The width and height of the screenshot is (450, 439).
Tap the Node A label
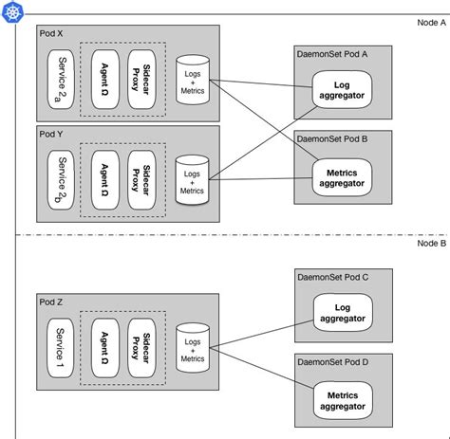tap(430, 22)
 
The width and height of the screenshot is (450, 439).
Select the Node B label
tap(430, 244)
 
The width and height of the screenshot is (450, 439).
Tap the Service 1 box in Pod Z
tap(62, 349)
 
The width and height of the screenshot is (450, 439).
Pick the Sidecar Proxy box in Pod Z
tap(141, 349)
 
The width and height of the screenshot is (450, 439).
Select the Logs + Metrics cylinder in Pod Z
tap(192, 349)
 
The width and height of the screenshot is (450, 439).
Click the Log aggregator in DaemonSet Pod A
tap(341, 90)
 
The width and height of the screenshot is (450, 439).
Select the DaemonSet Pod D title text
tap(332, 363)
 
